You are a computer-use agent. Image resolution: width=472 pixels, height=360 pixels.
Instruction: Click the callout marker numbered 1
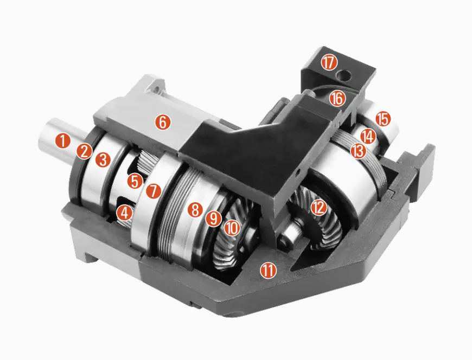pyautogui.click(x=63, y=141)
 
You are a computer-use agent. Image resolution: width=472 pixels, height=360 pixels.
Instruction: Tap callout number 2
pyautogui.click(x=84, y=151)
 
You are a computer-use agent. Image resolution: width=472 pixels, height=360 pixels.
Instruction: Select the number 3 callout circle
pyautogui.click(x=103, y=160)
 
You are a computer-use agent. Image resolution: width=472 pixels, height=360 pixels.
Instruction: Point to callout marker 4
pyautogui.click(x=125, y=213)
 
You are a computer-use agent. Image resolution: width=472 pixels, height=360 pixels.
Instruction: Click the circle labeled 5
pyautogui.click(x=135, y=181)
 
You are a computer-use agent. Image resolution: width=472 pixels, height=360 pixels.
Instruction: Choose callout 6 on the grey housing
pyautogui.click(x=163, y=123)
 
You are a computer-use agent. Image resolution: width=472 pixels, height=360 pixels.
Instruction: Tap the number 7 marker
pyautogui.click(x=153, y=191)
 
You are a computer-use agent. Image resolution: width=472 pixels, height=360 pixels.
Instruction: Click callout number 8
pyautogui.click(x=195, y=210)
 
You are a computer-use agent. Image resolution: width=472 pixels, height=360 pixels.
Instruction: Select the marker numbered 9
pyautogui.click(x=213, y=218)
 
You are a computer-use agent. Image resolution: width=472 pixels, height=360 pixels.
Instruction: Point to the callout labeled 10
pyautogui.click(x=232, y=228)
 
